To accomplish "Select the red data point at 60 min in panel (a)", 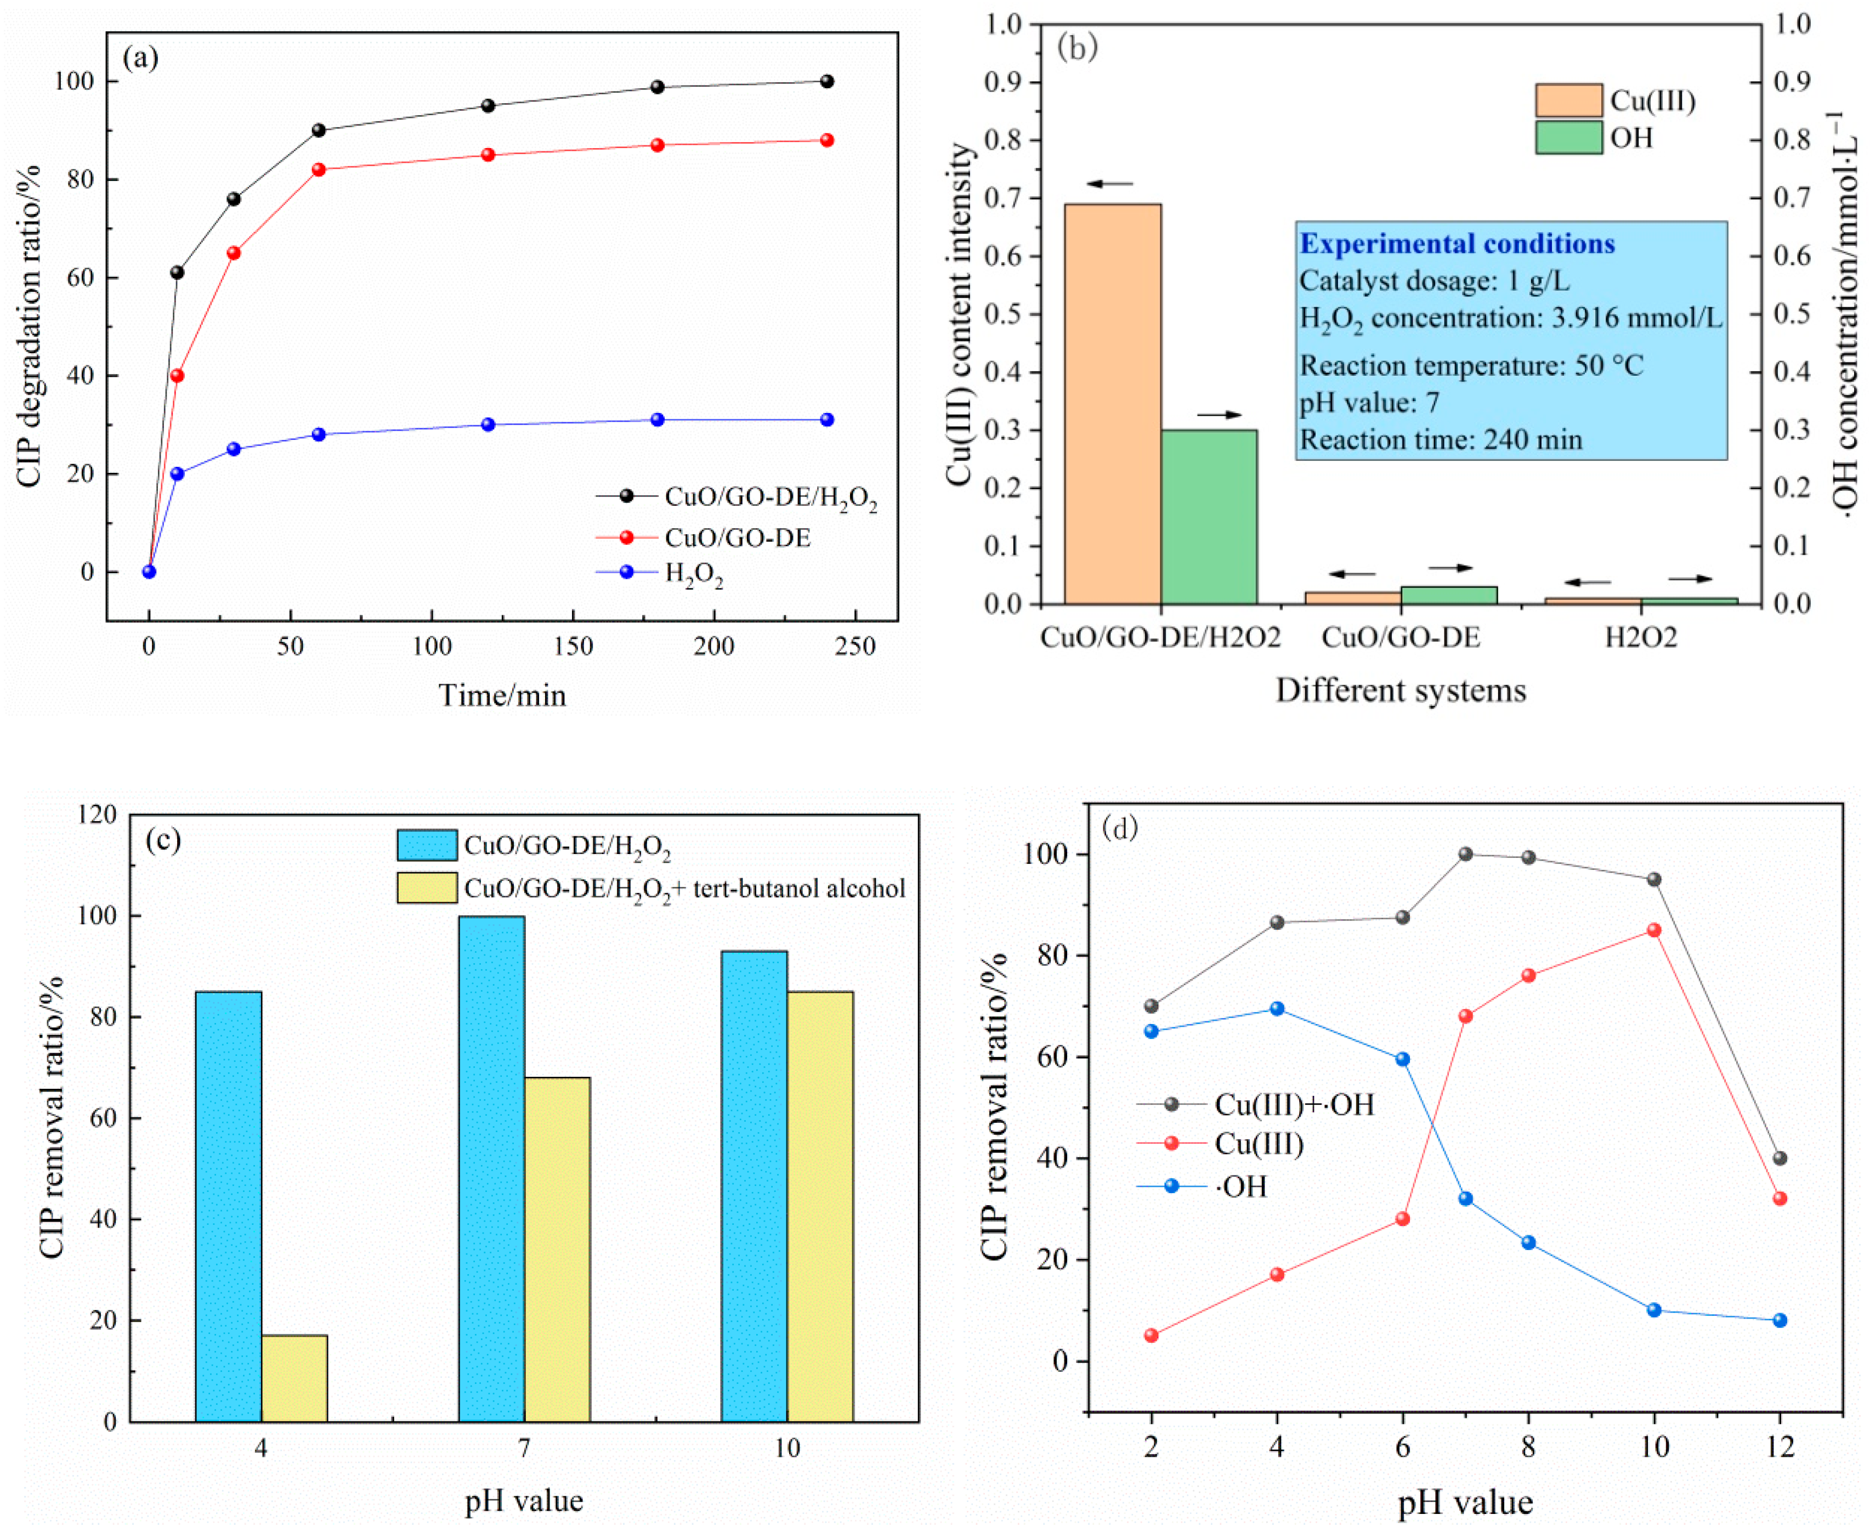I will (319, 169).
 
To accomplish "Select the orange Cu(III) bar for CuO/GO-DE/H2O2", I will (1113, 404).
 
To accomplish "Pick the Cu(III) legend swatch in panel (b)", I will (1568, 100).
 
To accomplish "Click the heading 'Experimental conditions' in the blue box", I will (1457, 244).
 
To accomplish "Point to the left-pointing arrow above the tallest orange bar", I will (1110, 184).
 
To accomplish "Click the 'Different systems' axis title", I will (1401, 690).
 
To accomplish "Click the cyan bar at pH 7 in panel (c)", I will (491, 1168).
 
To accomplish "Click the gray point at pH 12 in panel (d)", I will (1780, 1158).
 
